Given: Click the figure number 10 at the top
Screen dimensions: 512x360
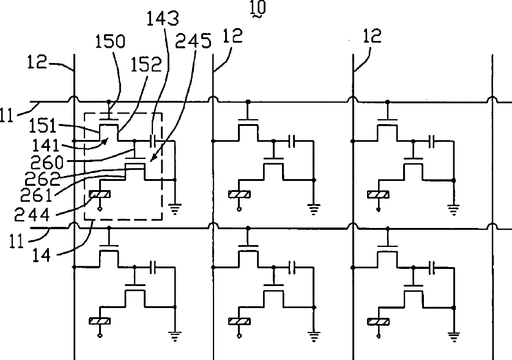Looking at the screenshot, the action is point(258,7).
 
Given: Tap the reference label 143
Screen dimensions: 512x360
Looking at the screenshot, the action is point(163,18).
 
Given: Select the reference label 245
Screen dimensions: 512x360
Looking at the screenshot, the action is point(193,41).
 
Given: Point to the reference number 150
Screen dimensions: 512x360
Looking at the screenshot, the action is point(110,42).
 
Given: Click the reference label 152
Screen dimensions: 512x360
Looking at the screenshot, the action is point(146,65).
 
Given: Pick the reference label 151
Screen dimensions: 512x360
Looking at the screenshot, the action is point(43,126).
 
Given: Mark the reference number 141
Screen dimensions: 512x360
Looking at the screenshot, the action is point(46,145).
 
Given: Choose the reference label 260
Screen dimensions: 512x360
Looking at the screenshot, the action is point(46,162).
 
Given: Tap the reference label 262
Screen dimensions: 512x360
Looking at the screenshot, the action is point(42,178).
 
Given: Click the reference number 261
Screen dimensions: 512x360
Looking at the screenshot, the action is point(36,195).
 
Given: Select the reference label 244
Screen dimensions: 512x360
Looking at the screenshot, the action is point(32,215).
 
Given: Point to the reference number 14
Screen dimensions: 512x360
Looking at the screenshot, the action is point(42,255).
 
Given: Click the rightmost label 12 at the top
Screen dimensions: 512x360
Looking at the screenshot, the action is point(372,36).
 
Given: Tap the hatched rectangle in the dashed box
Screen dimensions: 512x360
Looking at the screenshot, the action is point(100,194).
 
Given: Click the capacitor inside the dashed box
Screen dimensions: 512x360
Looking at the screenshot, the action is point(153,141).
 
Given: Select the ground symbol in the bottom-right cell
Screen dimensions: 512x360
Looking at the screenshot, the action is point(454,337).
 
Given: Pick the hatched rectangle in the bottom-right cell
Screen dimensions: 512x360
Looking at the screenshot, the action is point(379,322).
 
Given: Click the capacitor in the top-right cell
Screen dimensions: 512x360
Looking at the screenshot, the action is point(432,141).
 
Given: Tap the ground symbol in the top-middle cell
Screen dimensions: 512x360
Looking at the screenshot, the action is point(314,209).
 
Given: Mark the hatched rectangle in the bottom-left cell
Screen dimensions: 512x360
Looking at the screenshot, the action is point(100,321).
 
